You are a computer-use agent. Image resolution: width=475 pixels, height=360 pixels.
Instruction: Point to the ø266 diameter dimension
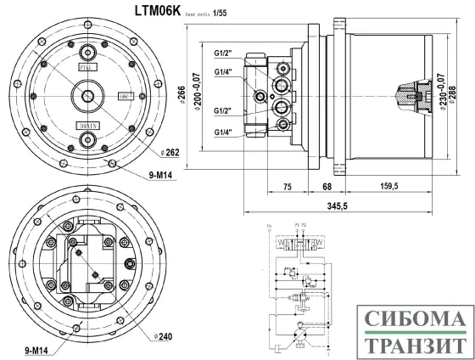coord(182,93)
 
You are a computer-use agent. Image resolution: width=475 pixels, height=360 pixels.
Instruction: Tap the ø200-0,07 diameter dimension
coord(198,93)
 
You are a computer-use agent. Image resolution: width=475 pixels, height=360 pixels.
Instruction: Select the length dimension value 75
coord(287,186)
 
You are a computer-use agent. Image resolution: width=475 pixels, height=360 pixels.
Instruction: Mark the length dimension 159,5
coord(388,186)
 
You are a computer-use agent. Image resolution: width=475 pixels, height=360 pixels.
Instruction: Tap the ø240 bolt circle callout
coord(163,336)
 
